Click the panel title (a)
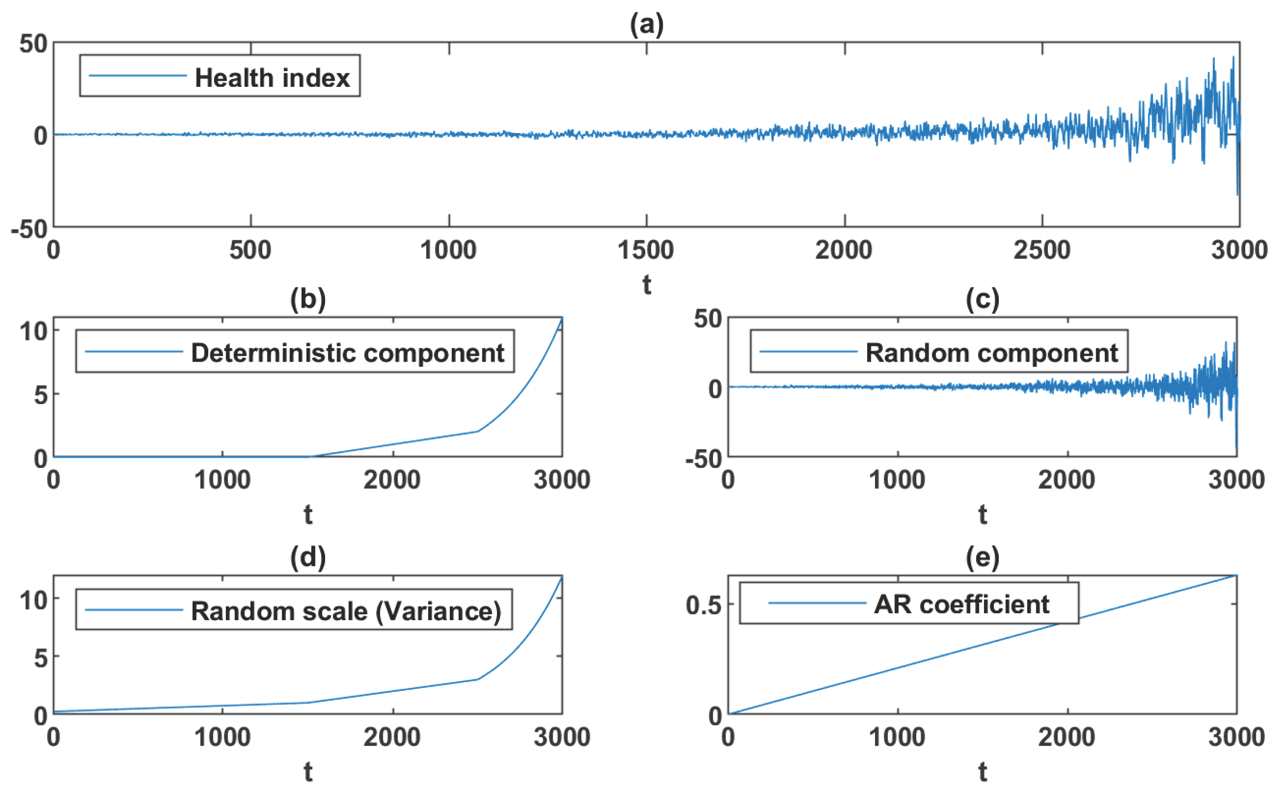tap(646, 24)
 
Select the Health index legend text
tap(272, 78)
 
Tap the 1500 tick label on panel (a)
tap(646, 250)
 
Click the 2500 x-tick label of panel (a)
tap(1042, 250)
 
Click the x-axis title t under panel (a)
tap(646, 285)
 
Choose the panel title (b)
tap(308, 299)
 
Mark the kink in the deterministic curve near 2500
tap(477, 431)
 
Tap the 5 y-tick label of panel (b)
tap(41, 394)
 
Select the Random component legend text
tap(991, 352)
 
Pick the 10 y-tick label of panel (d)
tap(33, 600)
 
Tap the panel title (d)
tap(308, 557)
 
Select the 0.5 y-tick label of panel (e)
tap(703, 605)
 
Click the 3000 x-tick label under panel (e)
tap(1236, 737)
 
